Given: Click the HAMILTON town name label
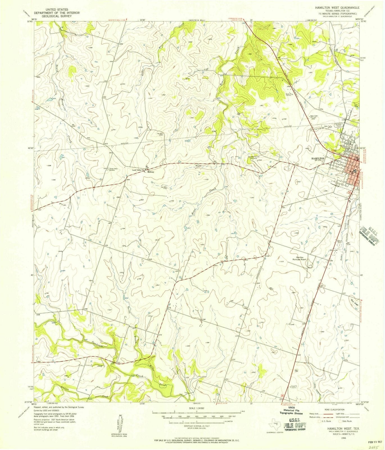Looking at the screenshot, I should click(x=318, y=158).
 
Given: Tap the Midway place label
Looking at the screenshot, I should click(x=151, y=172).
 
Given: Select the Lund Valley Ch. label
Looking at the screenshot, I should click(x=138, y=170).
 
